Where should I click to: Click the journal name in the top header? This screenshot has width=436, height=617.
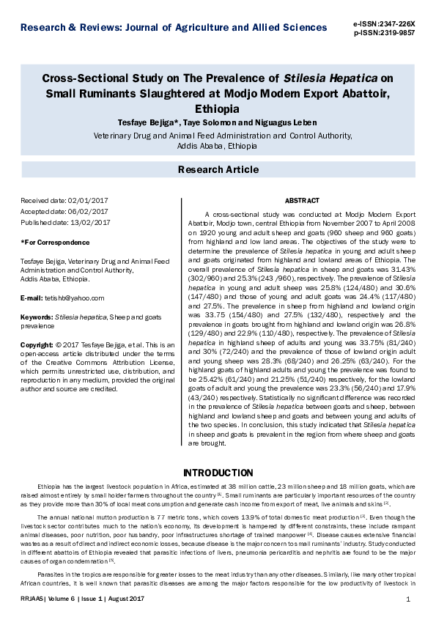click(x=174, y=28)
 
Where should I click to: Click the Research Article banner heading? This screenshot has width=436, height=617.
click(x=218, y=170)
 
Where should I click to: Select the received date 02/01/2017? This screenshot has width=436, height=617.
click(x=88, y=200)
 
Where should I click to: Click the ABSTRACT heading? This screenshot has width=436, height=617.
click(x=301, y=200)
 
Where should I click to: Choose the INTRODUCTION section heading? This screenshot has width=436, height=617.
click(x=218, y=472)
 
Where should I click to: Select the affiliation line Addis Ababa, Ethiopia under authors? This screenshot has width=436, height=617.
click(x=218, y=146)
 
